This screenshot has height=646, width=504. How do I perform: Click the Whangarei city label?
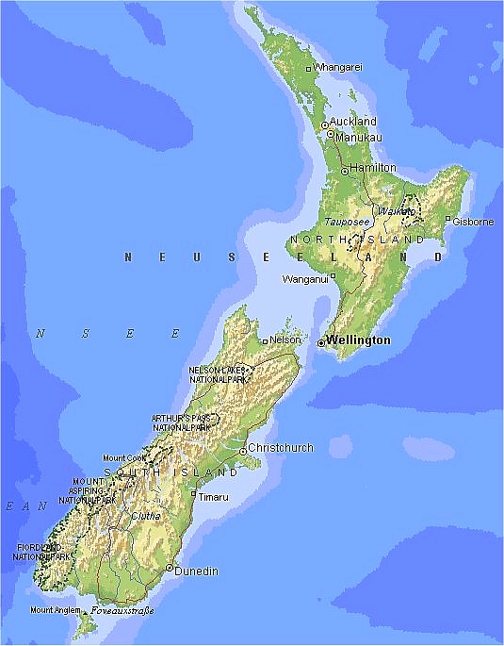click(338, 67)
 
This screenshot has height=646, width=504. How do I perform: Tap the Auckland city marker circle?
click(325, 124)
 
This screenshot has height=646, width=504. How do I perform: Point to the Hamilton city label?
click(373, 168)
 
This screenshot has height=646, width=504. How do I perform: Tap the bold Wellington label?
click(358, 340)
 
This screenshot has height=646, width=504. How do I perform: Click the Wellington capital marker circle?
click(321, 344)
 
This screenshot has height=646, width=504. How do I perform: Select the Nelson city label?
click(285, 340)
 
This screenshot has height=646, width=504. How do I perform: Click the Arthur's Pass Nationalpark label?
click(182, 422)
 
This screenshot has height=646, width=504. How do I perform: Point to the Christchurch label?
click(281, 447)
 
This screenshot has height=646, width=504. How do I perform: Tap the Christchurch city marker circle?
click(242, 452)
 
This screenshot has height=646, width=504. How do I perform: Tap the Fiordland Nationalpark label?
click(41, 552)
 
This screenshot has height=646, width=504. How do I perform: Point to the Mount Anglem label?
click(54, 610)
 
